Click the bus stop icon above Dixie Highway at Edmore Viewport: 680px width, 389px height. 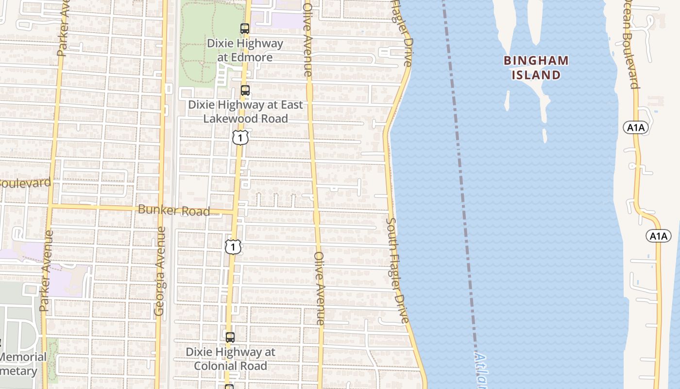(245, 29)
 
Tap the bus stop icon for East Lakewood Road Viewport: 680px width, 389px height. (245, 90)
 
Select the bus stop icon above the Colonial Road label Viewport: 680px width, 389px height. (230, 337)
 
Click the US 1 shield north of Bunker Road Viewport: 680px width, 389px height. (240, 138)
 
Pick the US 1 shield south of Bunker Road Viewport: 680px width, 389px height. (233, 247)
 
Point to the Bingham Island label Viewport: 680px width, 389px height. (536, 68)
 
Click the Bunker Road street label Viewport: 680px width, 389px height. (174, 211)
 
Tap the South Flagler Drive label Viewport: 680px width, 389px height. (397, 270)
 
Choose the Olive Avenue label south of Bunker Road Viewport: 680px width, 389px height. (319, 288)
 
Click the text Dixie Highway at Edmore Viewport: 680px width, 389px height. (245, 50)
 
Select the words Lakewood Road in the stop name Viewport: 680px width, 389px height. (245, 118)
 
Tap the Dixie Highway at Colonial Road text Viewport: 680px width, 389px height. (231, 358)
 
